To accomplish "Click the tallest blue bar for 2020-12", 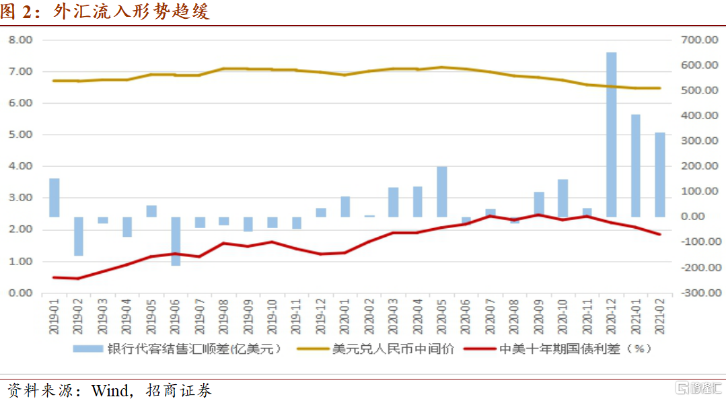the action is (x=611, y=135).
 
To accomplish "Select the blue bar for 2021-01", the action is (x=636, y=166).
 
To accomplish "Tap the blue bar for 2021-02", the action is (x=660, y=175).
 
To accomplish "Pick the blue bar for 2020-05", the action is (x=441, y=192).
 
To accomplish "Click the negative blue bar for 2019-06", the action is (x=176, y=241).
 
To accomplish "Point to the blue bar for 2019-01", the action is (x=55, y=198).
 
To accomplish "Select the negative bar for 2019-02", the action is (x=79, y=236).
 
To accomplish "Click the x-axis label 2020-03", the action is (x=393, y=316).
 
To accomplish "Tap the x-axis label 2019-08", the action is (x=223, y=316).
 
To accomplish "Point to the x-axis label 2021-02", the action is (x=660, y=316).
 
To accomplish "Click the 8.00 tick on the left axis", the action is (x=20, y=40).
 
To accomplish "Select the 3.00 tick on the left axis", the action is (x=20, y=198).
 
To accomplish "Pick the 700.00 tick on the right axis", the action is (x=699, y=40).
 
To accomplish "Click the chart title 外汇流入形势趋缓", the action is (x=131, y=11).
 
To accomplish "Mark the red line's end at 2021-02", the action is (x=660, y=234).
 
